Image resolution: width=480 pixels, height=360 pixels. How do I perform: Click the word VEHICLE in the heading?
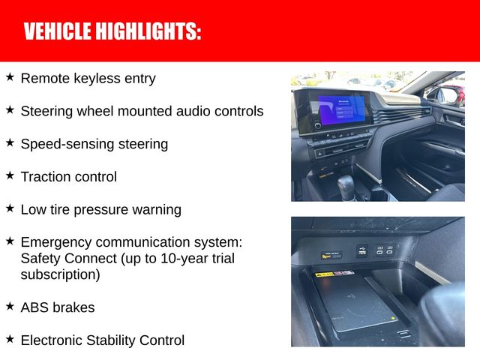[56, 31]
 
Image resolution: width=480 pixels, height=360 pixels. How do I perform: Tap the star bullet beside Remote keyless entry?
[10, 77]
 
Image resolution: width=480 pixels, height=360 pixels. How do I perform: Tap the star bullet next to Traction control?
[10, 175]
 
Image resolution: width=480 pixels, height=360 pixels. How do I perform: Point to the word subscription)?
[60, 275]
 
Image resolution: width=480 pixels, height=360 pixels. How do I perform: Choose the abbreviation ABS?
[34, 307]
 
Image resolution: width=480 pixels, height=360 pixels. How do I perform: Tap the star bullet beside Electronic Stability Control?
[10, 340]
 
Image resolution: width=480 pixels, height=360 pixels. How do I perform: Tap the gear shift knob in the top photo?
[346, 184]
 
